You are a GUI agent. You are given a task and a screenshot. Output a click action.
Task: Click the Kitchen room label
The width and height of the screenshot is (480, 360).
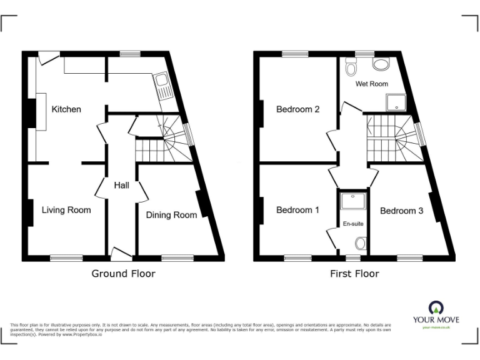66,109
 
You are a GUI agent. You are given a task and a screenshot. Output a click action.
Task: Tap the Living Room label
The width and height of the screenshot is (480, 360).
66,210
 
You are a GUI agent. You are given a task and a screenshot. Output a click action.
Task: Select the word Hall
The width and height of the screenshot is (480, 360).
121,185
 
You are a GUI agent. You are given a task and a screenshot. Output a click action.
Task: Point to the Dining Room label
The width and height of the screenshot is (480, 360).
171,215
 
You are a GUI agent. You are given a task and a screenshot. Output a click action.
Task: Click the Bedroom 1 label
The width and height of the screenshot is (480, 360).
297,210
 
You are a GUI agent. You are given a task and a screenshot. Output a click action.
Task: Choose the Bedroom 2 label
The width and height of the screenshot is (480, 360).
298,109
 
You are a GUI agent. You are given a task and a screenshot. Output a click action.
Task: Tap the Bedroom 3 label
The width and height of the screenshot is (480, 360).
401,211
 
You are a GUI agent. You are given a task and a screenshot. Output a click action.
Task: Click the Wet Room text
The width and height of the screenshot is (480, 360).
372,84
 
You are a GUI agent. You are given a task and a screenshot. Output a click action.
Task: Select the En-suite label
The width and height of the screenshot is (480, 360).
353,223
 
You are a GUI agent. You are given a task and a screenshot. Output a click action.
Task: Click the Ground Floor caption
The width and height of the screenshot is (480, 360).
123,273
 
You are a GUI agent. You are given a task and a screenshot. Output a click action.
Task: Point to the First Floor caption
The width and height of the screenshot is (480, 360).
354,273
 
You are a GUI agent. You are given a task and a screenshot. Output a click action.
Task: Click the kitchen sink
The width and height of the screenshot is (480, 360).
162,86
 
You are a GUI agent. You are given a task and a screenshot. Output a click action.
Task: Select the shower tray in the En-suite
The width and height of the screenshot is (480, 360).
348,201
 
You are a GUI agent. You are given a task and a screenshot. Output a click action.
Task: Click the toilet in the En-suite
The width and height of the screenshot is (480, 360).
360,243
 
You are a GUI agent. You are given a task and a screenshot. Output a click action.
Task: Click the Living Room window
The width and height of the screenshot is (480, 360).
66,257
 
